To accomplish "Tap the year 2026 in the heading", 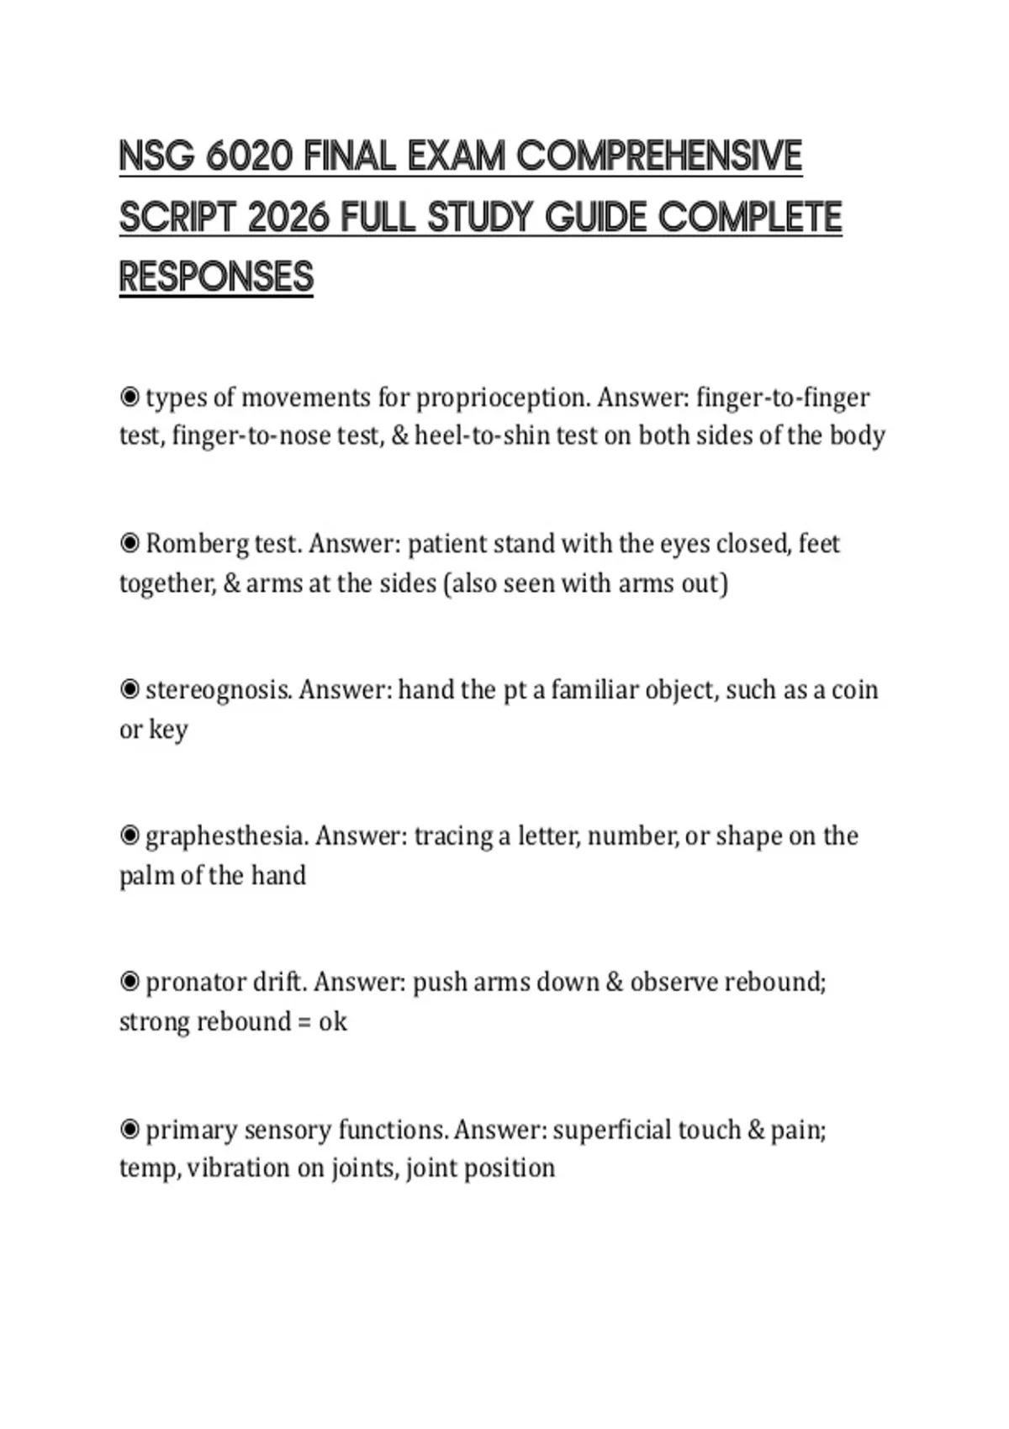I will (x=293, y=218).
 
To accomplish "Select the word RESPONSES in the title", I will (x=216, y=277).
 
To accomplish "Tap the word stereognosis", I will (x=219, y=690).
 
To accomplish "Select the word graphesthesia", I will (x=226, y=836).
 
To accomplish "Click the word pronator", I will (x=195, y=983).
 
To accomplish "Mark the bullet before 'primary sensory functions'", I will (x=129, y=1129).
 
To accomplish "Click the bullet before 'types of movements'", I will (x=129, y=397).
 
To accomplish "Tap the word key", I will (x=168, y=730).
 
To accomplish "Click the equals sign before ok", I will (x=304, y=1022).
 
